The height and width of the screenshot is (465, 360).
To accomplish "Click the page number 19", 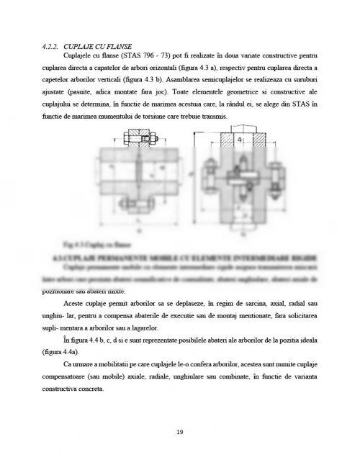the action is (x=179, y=432).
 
